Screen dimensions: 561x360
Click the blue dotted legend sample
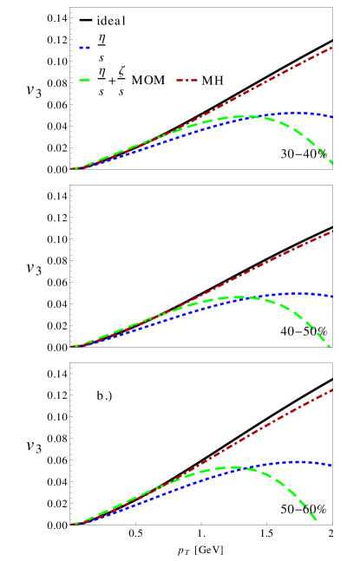point(84,48)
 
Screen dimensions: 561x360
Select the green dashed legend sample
point(84,81)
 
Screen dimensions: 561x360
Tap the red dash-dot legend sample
point(187,81)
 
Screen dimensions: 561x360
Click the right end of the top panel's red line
point(332,48)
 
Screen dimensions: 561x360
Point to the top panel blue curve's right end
point(332,116)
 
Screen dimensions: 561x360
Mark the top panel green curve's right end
point(332,162)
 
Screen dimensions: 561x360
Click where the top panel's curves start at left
point(72,168)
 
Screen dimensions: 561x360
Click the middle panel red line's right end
point(332,232)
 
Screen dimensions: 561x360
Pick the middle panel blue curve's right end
point(332,297)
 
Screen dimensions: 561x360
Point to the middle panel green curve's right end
point(331,346)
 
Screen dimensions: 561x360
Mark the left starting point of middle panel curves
point(72,346)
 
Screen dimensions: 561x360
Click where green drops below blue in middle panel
point(251,297)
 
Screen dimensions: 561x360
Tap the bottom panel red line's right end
point(332,389)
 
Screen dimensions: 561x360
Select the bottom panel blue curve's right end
point(332,466)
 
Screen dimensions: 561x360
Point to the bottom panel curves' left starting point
point(72,524)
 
